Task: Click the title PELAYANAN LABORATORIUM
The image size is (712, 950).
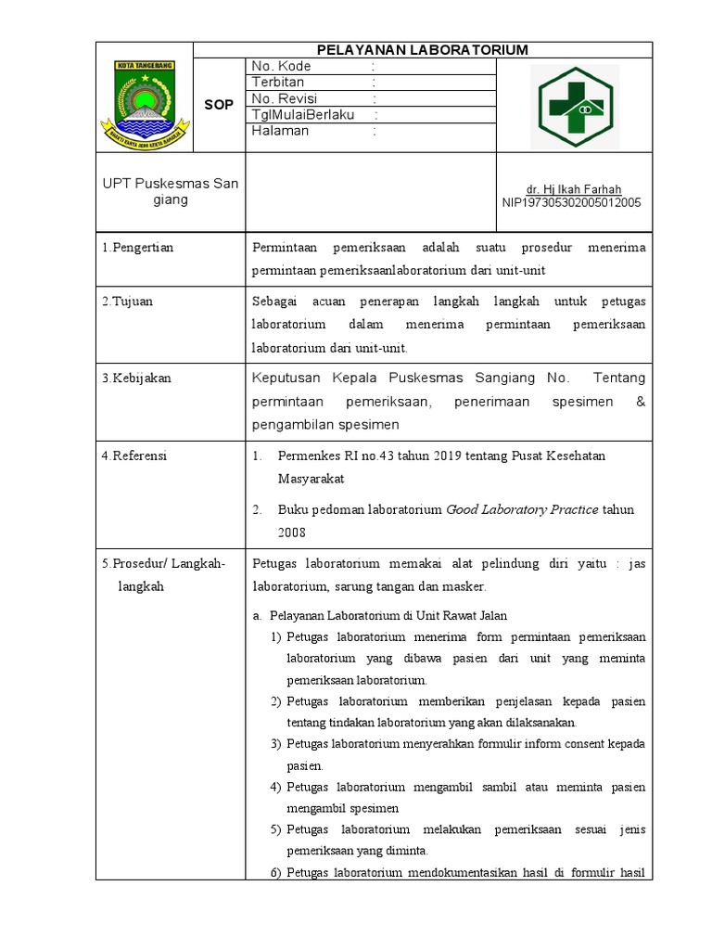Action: coord(423,50)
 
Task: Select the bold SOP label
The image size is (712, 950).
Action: coord(219,106)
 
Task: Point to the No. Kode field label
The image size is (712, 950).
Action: coord(282,67)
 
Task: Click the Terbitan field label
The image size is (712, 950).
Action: coord(278,83)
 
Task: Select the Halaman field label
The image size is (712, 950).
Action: coord(280,131)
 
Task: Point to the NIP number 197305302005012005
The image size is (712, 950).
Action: coord(571,202)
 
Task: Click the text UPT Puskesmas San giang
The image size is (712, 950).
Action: coord(171,191)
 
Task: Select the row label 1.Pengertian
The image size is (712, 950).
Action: coord(138,248)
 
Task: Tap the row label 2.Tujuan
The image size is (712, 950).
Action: coord(129,302)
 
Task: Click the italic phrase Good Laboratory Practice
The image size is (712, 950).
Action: coord(523,509)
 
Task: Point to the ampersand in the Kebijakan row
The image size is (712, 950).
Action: coord(640,402)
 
